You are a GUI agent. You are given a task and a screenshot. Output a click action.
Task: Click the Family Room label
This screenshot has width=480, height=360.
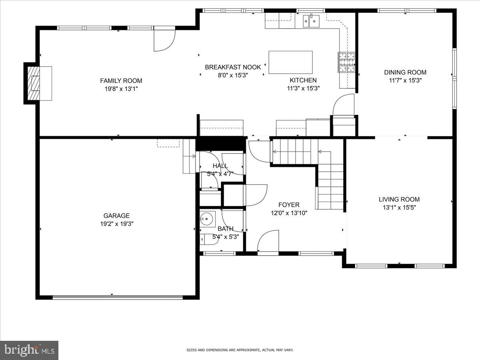coord(121,81)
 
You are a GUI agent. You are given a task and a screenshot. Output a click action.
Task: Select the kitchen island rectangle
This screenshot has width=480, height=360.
coord(290,62)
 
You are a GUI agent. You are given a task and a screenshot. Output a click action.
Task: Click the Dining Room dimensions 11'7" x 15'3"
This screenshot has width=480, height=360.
coord(405,80)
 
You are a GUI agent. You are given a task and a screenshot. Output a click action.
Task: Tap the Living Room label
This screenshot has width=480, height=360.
coord(399,199)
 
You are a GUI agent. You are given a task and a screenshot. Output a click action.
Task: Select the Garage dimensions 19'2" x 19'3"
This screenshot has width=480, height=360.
coord(116,224)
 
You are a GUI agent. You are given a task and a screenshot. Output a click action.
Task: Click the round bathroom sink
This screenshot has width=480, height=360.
coord(207,218)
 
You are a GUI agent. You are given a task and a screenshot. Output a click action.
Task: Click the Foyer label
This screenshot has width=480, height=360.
coord(289,205)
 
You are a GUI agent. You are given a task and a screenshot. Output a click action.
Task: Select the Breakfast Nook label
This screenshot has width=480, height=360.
coord(233,67)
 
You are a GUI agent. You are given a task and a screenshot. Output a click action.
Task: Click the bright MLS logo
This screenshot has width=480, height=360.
coord(29,350)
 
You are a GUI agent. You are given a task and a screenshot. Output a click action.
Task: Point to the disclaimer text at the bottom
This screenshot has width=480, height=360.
coord(240,350)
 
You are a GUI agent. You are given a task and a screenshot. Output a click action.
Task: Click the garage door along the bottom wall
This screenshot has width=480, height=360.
coord(118,297)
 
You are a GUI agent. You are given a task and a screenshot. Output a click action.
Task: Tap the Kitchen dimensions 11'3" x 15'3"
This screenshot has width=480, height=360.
coord(303,88)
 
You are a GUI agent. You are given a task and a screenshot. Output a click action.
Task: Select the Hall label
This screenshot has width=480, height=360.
coord(220,166)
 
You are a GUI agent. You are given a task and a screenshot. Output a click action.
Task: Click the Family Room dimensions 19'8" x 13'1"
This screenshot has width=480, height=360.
coord(121,89)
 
